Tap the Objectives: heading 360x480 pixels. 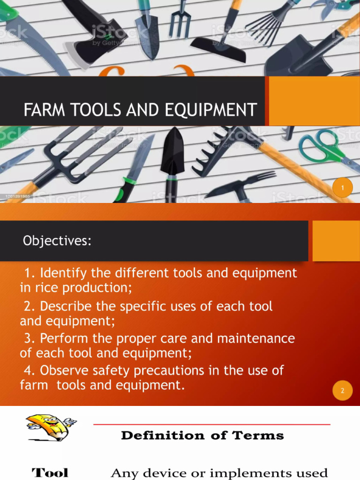point(57,241)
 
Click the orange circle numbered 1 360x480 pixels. point(343,188)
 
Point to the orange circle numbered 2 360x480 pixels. point(343,391)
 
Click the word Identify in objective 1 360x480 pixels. point(62,273)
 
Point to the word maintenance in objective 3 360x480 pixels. point(253,338)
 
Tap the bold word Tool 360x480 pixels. point(50,472)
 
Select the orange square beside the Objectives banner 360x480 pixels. point(336,240)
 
